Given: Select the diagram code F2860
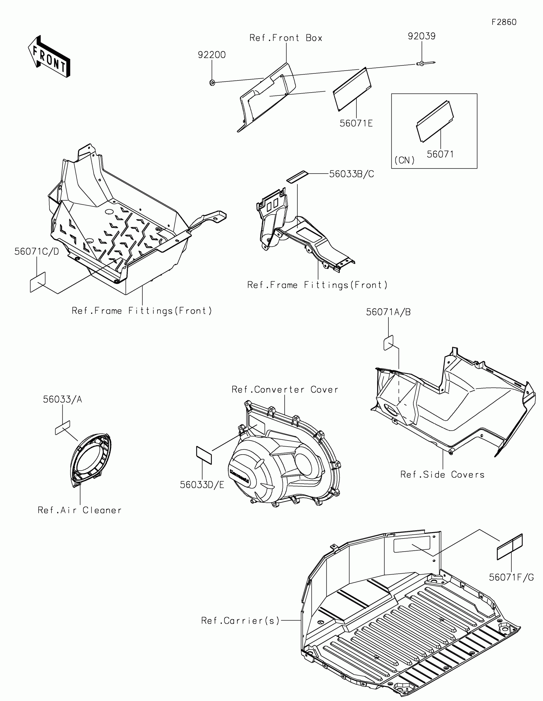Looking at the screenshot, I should [504, 22].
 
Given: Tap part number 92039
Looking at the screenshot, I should [421, 36].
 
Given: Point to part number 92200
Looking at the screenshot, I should [212, 55].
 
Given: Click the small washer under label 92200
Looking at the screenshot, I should [212, 83].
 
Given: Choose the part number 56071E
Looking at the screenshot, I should [356, 124].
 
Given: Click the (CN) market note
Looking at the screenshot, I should [404, 160].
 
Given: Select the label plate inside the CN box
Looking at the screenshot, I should [435, 121].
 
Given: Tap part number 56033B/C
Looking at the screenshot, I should [352, 174].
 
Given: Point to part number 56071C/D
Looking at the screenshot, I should [37, 252].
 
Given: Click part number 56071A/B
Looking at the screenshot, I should [388, 312].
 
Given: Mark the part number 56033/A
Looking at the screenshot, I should [63, 399].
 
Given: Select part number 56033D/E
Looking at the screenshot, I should [202, 485].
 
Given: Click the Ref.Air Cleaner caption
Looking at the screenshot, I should [80, 510].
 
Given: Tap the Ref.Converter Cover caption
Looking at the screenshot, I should [285, 390].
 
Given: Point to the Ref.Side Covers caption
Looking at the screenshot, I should [442, 475].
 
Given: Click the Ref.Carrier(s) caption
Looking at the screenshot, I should [240, 621].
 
